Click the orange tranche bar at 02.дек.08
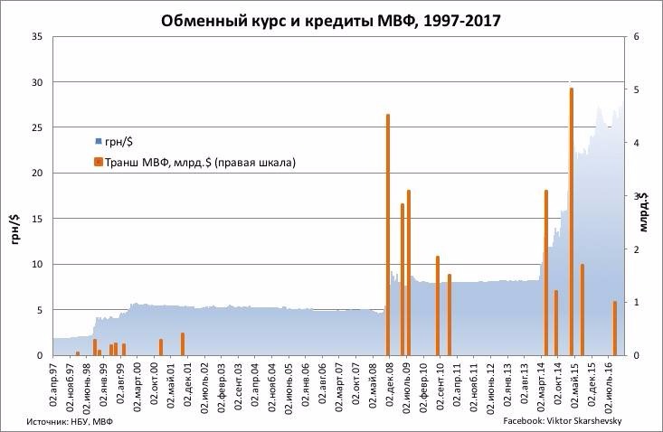[x=388, y=235]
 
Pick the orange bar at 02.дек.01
[x=183, y=344]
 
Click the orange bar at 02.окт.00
[x=161, y=347]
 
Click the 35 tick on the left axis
[x=36, y=37]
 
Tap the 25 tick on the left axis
[x=36, y=127]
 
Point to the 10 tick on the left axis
[x=36, y=264]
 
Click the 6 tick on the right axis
[x=637, y=37]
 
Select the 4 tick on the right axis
[x=637, y=143]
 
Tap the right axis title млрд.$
[x=650, y=213]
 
